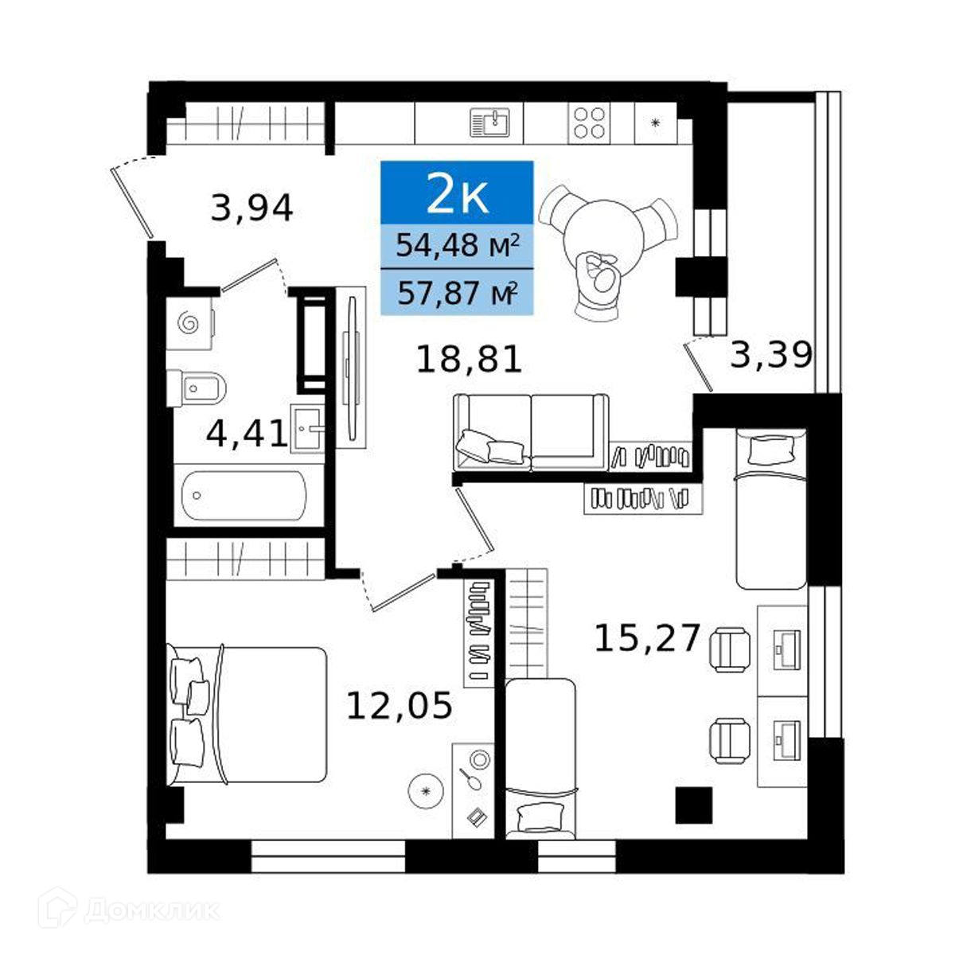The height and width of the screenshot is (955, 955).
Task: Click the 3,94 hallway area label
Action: click(x=251, y=209)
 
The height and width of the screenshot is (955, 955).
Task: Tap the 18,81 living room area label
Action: click(x=469, y=359)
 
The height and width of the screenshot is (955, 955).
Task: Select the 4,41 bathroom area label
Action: click(x=246, y=433)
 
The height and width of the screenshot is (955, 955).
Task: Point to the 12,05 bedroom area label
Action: click(x=399, y=705)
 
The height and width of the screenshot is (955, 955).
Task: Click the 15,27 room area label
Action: click(x=647, y=637)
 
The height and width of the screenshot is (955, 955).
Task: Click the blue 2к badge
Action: click(x=457, y=193)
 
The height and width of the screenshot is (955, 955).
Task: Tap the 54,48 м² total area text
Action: click(x=458, y=246)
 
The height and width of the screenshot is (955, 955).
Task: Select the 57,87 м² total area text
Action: click(x=458, y=293)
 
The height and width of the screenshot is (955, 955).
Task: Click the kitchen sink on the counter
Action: click(x=489, y=122)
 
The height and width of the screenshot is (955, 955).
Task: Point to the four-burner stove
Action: click(x=589, y=123)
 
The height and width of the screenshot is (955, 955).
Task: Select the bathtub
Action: click(x=244, y=496)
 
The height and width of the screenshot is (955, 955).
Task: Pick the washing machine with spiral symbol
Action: click(x=190, y=324)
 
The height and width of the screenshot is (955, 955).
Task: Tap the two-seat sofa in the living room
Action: click(x=531, y=432)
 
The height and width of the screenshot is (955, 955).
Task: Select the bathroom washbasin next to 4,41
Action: click(x=307, y=427)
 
